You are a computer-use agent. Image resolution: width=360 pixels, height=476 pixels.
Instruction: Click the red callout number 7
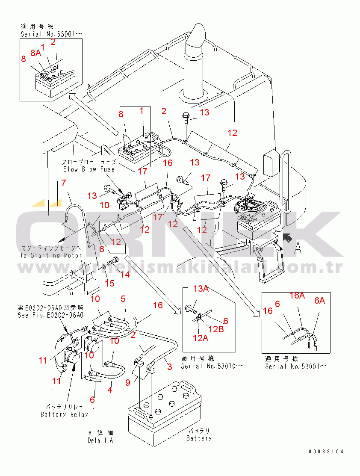pos(63,183)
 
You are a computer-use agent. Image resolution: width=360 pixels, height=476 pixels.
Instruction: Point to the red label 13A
pos(201,290)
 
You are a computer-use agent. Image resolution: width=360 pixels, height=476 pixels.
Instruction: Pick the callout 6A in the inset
pos(319,301)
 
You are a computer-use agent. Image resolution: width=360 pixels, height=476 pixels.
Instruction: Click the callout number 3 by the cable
pos(169,367)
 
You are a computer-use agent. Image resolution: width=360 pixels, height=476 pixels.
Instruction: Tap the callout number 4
pos(110,390)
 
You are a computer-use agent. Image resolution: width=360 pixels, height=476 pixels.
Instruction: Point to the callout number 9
pos(128,383)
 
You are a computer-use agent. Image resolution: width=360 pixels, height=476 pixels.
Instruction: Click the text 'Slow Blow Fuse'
pos(89,169)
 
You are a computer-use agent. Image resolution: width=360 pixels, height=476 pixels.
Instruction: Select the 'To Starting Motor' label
pos(51,255)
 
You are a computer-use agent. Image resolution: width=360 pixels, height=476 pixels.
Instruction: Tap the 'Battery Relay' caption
pos(64,414)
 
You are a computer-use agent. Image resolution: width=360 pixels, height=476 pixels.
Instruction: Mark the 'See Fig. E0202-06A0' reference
pos(50,315)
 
